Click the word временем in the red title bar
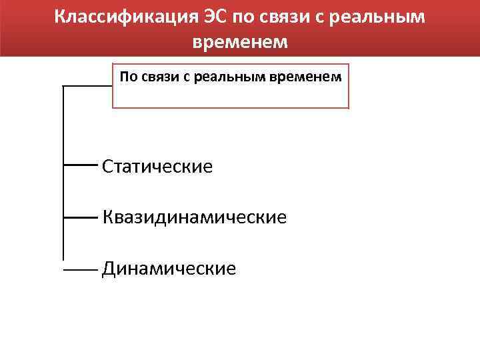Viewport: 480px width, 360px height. point(240,41)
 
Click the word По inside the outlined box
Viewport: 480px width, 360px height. point(129,77)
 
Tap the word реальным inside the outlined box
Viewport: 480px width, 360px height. point(227,77)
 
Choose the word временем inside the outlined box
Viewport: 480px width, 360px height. point(306,77)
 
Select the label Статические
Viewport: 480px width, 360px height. point(157,166)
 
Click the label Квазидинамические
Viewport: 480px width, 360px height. point(195,217)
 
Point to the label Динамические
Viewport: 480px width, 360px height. point(169,269)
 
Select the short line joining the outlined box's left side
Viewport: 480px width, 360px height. point(87,87)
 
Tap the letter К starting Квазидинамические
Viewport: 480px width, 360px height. point(108,217)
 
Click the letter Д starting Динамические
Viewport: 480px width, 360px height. point(109,269)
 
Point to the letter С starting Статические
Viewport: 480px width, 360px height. point(108,166)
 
